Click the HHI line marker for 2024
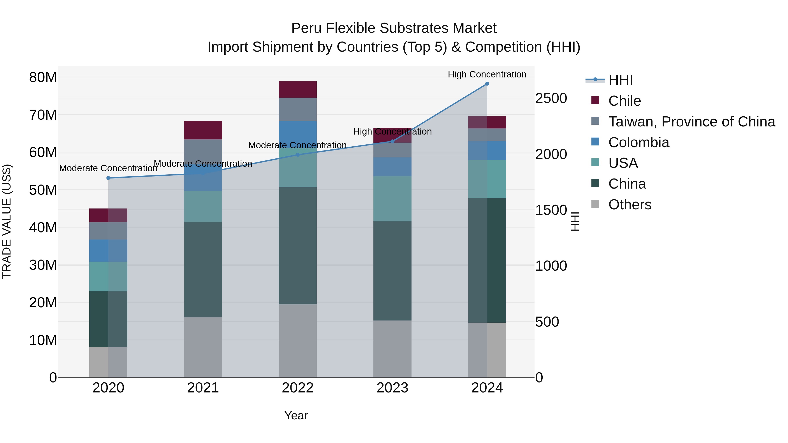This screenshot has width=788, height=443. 487,84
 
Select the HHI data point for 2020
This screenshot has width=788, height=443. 108,178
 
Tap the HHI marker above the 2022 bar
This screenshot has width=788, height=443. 298,155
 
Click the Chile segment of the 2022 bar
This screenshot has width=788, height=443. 298,89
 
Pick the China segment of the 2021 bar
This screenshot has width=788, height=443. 203,269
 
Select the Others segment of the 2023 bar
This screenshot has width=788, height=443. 392,348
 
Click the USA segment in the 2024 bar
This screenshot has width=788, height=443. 487,179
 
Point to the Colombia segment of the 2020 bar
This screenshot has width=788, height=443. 108,250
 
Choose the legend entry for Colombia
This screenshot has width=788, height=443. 638,142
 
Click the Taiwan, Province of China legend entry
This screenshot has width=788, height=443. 691,122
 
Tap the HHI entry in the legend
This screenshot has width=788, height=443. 620,80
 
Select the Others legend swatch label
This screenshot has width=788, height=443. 630,205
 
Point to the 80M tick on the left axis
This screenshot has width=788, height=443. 43,77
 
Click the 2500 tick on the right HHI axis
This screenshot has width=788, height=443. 551,98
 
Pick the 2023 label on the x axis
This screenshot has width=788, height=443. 392,388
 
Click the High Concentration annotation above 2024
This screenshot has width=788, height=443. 487,74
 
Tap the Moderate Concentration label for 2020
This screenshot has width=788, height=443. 108,168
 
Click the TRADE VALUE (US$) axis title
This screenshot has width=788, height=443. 7,221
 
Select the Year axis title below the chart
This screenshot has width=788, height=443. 296,415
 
